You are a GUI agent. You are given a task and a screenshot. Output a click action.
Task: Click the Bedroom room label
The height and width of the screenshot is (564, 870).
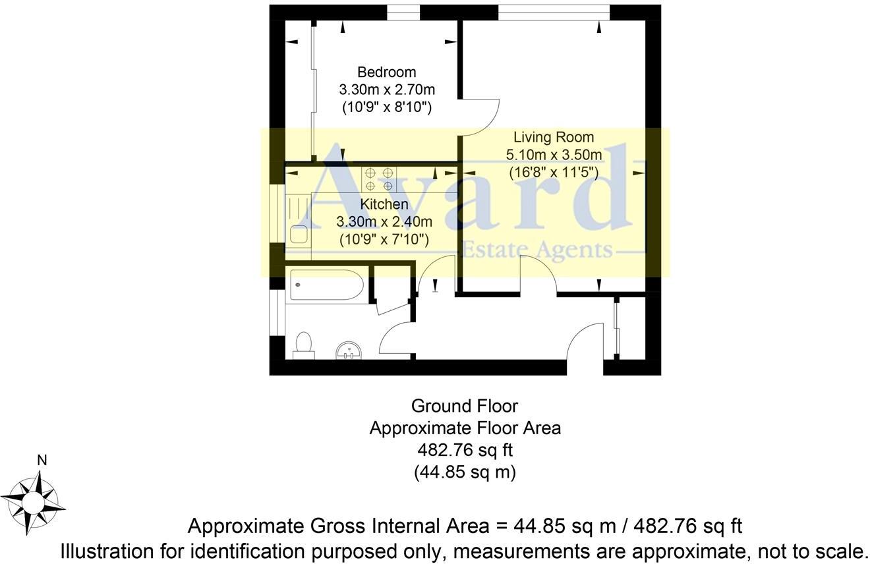386,72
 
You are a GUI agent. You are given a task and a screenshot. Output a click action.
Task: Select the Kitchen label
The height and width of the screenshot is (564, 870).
384,204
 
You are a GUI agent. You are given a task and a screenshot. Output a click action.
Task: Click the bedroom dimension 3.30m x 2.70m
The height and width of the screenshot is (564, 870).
387,89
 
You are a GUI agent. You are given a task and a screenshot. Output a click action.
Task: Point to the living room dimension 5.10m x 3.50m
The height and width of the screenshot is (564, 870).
554,155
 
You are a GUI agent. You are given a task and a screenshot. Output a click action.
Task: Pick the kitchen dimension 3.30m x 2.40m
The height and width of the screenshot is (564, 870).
384,222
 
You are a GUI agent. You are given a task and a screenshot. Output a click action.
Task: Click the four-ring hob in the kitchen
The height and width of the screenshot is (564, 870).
379,179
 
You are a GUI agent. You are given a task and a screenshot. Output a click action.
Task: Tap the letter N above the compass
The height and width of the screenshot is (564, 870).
42,461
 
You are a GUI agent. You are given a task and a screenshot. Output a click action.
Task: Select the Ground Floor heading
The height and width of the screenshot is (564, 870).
465,405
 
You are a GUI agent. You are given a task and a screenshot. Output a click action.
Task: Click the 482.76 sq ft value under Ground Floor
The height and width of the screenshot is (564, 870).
465,450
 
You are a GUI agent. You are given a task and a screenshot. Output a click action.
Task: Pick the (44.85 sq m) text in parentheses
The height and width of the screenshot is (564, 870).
465,472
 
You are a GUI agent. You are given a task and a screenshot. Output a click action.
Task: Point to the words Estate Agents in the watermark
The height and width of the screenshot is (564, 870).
536,250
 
